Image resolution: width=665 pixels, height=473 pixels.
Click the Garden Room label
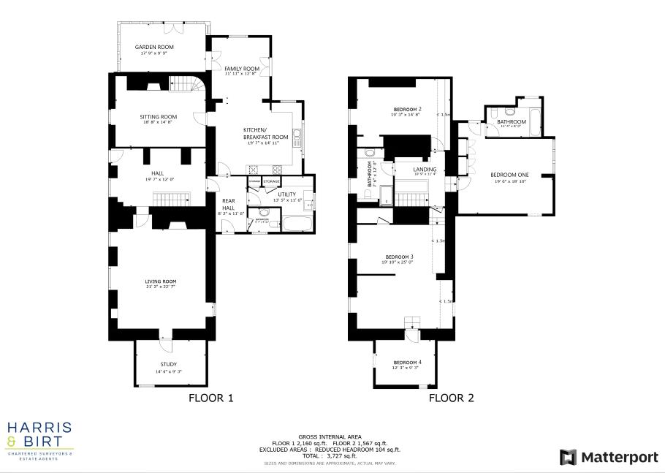click(153, 47)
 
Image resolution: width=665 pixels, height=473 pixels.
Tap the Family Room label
click(242, 68)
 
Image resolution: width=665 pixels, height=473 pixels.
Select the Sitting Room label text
click(159, 116)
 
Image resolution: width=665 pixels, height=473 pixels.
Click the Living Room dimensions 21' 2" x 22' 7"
click(160, 287)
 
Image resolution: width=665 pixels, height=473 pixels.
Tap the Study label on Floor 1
click(168, 364)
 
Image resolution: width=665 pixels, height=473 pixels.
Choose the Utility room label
click(286, 194)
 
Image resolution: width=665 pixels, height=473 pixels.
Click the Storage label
click(271, 181)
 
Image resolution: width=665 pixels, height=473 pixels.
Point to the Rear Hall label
click(228, 204)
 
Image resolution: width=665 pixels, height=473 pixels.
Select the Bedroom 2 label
click(406, 109)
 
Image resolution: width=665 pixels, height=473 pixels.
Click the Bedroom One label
click(509, 175)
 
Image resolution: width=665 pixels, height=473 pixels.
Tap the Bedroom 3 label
click(400, 257)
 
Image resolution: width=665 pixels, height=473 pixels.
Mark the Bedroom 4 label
click(407, 363)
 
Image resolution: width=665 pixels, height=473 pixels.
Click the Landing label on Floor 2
click(404, 169)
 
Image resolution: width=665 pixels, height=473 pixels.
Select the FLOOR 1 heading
click(210, 398)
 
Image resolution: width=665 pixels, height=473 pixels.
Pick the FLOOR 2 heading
click(451, 398)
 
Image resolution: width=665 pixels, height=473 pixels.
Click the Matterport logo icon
click(568, 458)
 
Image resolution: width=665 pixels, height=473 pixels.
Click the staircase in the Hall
click(171, 199)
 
